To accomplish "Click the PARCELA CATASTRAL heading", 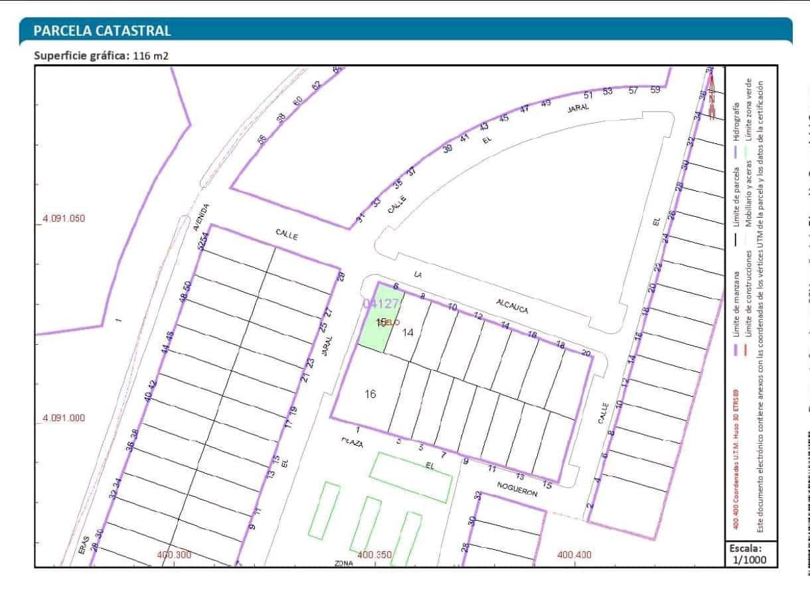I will [x=102, y=31].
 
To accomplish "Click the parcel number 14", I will [x=408, y=332].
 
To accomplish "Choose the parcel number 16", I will [x=370, y=394].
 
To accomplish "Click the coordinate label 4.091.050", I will [x=64, y=218].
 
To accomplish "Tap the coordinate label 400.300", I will [x=174, y=555].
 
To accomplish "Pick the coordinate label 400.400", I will [x=574, y=555].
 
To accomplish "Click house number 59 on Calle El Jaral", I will [x=655, y=90].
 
